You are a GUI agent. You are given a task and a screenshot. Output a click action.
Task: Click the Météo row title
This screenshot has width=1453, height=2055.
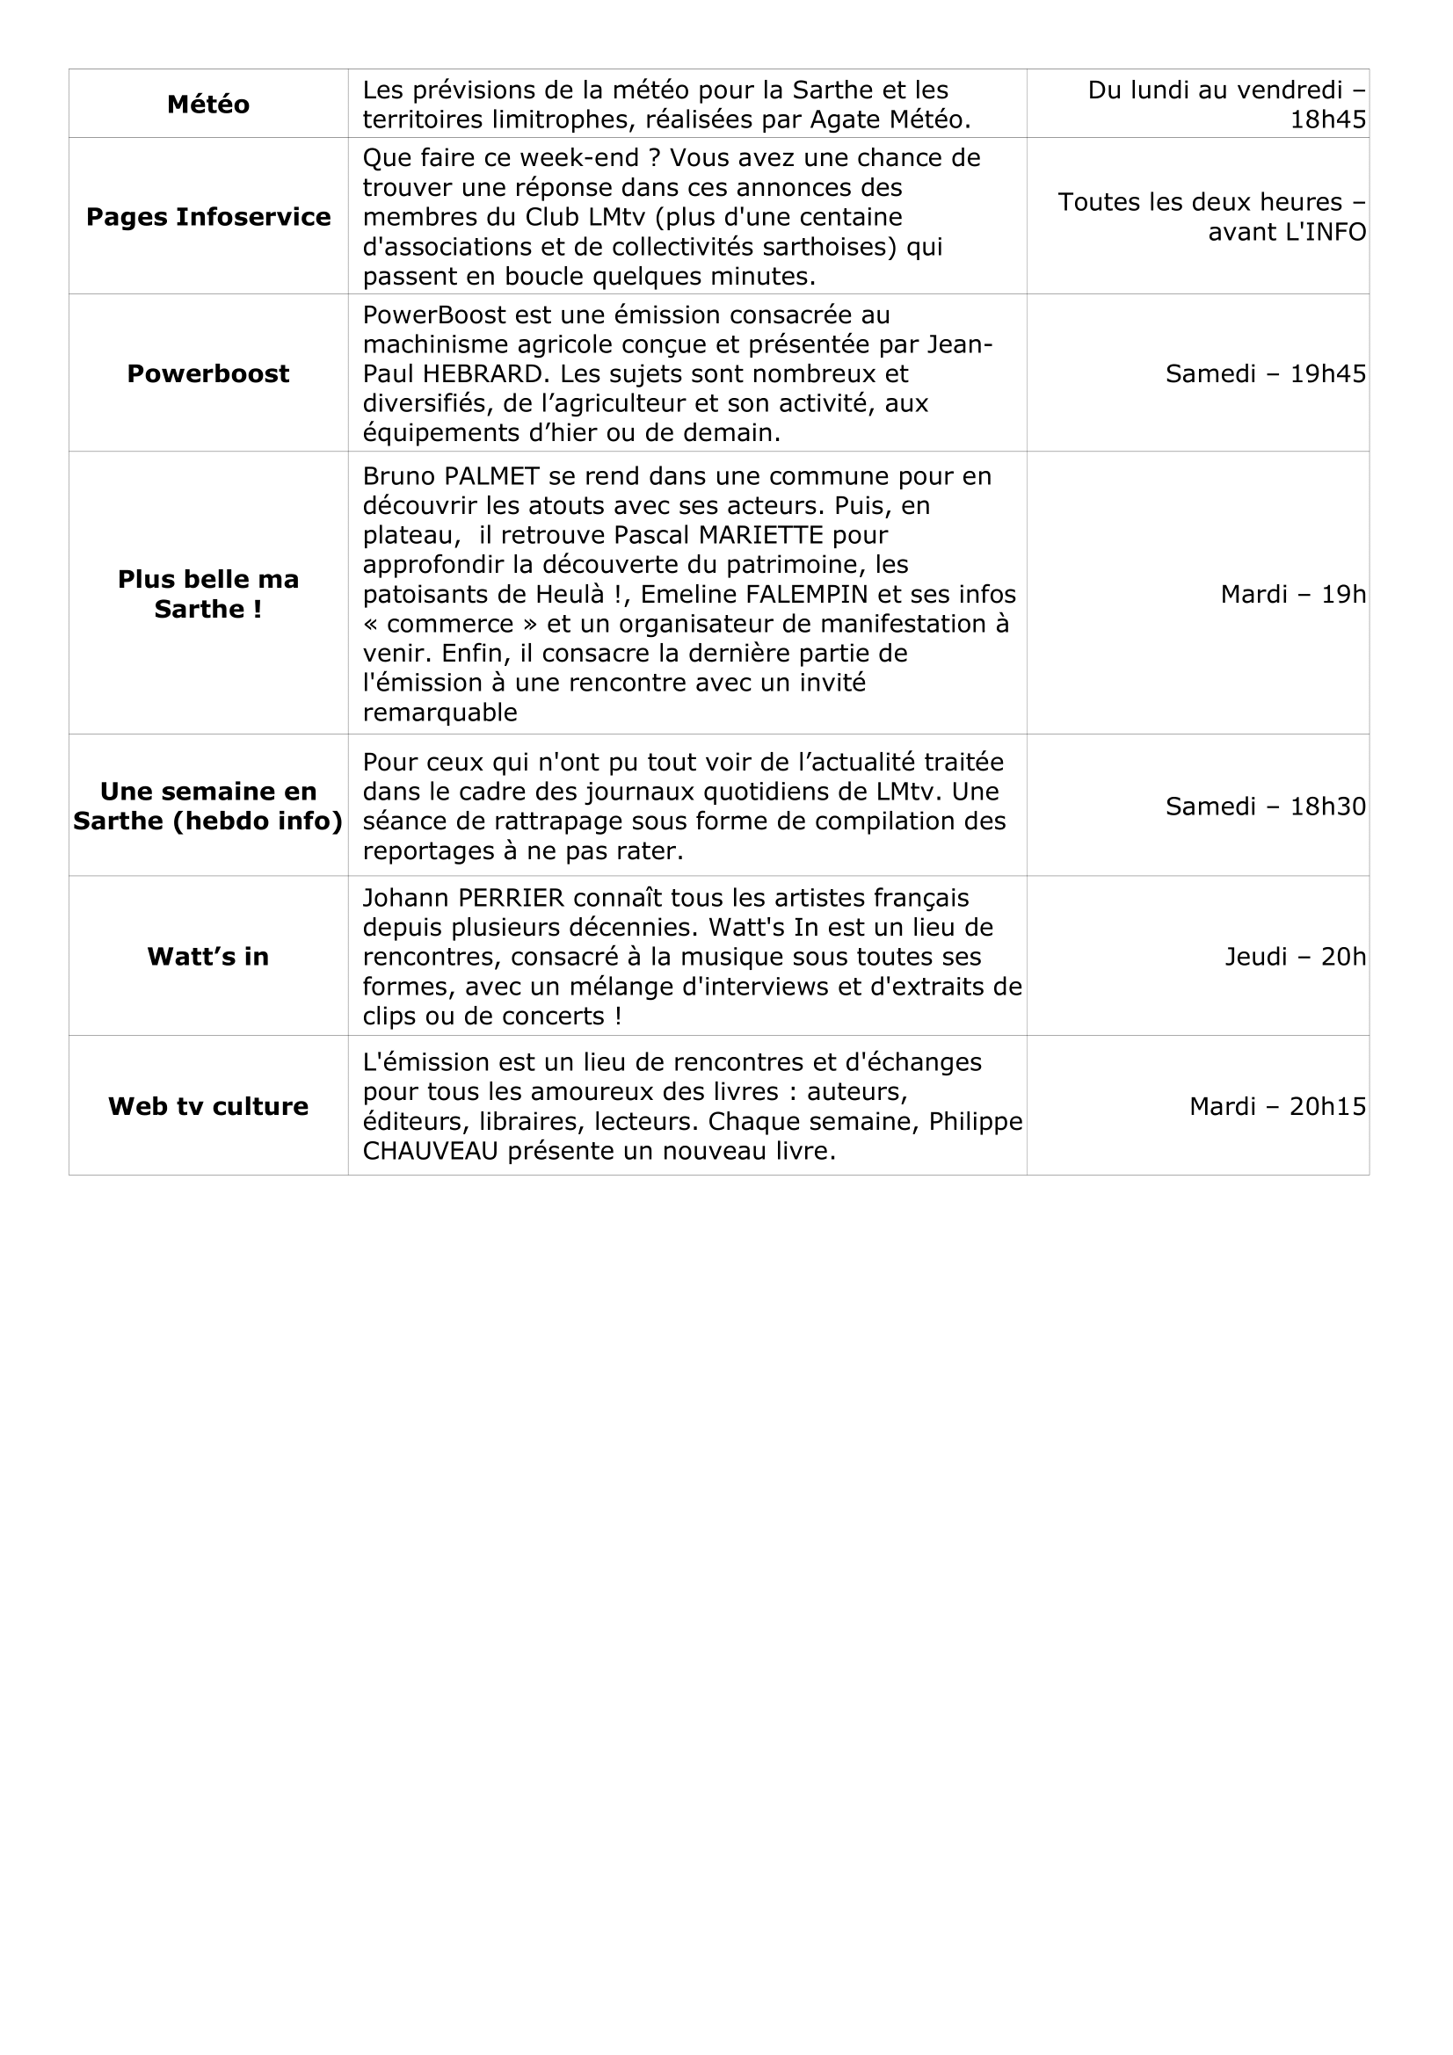207,105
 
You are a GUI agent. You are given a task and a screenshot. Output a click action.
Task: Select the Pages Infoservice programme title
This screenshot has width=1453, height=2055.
207,218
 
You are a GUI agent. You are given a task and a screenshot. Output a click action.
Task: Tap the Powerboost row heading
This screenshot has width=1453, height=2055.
207,374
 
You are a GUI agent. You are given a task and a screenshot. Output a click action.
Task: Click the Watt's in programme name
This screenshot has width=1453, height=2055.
207,957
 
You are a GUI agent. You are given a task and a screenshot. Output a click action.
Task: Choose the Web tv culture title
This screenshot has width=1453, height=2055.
207,1107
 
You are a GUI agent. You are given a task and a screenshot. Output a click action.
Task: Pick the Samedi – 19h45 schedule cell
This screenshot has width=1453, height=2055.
1265,374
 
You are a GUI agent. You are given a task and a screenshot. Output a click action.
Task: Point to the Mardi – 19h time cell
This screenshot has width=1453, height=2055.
1293,594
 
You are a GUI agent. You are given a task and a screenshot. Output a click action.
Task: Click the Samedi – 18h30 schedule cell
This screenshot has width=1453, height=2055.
1265,807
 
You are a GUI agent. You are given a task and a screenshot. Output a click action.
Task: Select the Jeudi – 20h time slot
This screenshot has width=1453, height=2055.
1295,958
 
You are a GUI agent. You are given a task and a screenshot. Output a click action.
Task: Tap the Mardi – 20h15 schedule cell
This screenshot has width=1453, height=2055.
1277,1107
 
